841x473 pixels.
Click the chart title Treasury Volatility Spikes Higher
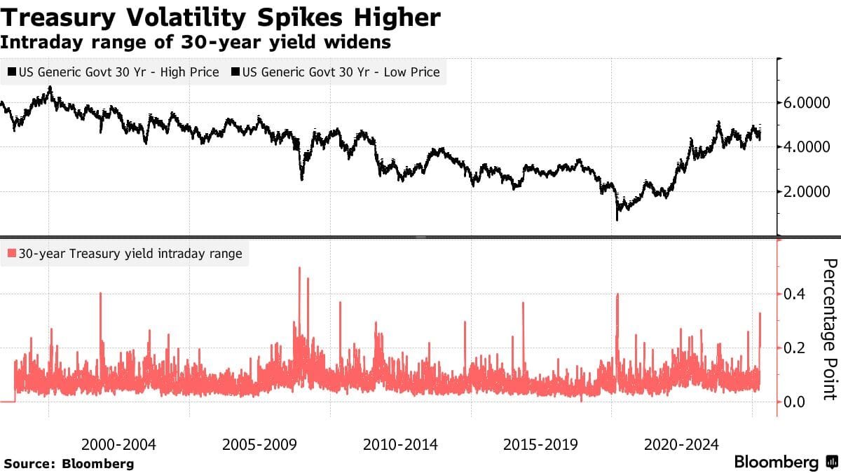(x=221, y=17)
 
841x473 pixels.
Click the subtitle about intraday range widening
(x=196, y=42)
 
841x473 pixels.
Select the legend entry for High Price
(x=114, y=72)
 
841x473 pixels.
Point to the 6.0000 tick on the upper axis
(x=808, y=102)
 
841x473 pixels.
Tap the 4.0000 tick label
(x=808, y=147)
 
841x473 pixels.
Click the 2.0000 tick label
(x=808, y=192)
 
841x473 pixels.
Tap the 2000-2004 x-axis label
(x=118, y=444)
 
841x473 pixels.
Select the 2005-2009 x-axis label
(x=259, y=444)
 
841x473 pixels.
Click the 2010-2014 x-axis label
(x=400, y=444)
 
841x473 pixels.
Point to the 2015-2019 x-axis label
(x=540, y=444)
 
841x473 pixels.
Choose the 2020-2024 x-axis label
(x=681, y=444)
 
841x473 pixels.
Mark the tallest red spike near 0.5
(x=299, y=269)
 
